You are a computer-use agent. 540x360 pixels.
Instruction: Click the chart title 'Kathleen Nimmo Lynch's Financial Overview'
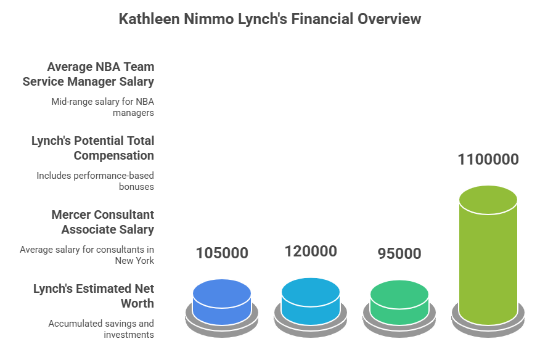[x=269, y=18]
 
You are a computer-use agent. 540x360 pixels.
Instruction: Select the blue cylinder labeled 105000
[x=222, y=302]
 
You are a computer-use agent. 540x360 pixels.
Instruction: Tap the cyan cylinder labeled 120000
[x=311, y=301]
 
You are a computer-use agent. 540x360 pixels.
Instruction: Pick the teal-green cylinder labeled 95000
[x=399, y=303]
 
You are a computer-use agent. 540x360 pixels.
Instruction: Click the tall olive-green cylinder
[x=488, y=255]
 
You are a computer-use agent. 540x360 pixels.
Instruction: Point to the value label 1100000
[x=488, y=160]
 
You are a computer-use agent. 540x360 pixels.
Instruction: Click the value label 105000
[x=222, y=253]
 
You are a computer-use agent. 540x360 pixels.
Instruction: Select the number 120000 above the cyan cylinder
[x=311, y=252]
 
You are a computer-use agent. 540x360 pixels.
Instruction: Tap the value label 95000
[x=399, y=253]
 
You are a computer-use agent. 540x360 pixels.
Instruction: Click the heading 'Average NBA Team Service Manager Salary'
[x=89, y=74]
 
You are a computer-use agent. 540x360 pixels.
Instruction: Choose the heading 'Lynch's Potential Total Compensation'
[x=93, y=148]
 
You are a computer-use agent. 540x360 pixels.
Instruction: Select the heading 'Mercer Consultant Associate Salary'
[x=103, y=222]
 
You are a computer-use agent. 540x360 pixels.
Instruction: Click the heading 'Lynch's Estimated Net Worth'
[x=94, y=296]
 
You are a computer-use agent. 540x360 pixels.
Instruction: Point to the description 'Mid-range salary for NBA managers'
[x=102, y=107]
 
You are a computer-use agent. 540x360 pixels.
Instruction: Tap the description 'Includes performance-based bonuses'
[x=96, y=181]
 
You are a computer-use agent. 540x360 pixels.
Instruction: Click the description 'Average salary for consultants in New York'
[x=87, y=255]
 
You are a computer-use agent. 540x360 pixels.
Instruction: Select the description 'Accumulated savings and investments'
[x=101, y=329]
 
